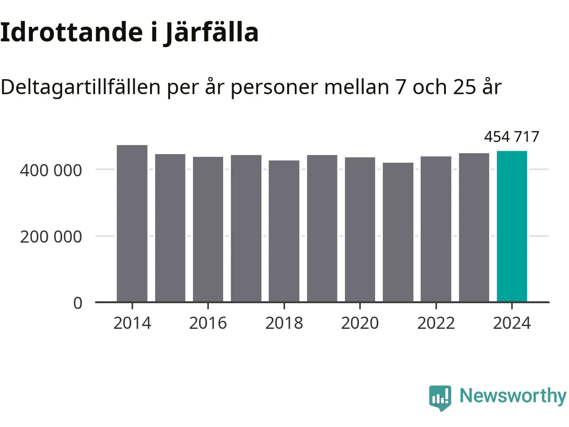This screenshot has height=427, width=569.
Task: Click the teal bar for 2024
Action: point(512,227)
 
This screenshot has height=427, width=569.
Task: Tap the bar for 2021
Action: point(398,233)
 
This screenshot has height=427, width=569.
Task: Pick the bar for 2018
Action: point(284,231)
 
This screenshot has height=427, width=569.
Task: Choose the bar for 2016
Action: point(208,230)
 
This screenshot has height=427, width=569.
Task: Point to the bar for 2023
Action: point(474,228)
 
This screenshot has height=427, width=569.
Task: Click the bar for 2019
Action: point(322,229)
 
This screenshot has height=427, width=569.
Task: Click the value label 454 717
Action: point(511,137)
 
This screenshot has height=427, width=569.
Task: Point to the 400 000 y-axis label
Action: point(51,170)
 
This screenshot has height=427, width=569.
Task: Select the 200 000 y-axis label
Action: point(51,237)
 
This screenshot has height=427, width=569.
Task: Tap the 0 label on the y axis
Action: point(78,303)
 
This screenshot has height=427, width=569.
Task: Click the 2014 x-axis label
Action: point(132,323)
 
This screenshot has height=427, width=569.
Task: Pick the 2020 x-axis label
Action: point(360,323)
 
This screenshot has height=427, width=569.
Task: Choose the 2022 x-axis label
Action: point(436,323)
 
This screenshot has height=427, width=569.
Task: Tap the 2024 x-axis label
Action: point(512,323)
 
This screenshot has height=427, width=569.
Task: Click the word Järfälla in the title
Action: point(211,32)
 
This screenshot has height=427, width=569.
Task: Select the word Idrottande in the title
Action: point(71,32)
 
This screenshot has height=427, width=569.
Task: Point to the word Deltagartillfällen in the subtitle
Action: point(80,87)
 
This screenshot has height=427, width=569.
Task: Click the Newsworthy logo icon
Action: point(440,397)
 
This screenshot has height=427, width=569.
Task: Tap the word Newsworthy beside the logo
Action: point(513,395)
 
